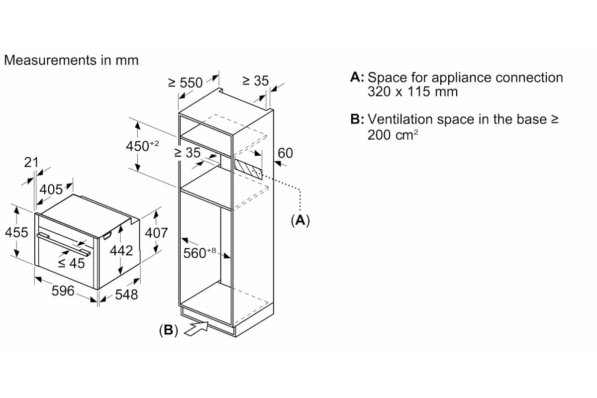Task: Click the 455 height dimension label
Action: click(16, 232)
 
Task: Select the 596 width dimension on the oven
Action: click(63, 291)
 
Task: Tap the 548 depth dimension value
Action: click(126, 295)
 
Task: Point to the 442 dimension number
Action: click(121, 251)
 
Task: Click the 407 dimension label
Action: click(156, 233)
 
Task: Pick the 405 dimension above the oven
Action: click(51, 190)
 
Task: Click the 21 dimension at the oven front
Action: click(31, 162)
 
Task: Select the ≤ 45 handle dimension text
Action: click(72, 263)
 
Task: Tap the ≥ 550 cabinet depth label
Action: click(186, 83)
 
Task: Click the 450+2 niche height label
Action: click(142, 146)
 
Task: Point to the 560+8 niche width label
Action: click(199, 253)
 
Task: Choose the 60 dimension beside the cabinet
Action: click(285, 153)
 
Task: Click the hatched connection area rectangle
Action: click(248, 169)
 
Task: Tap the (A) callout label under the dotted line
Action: click(300, 221)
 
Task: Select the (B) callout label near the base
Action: click(169, 330)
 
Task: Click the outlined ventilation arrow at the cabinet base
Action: click(197, 328)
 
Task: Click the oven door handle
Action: click(64, 245)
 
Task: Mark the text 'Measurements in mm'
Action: click(72, 60)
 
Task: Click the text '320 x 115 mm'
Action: click(412, 92)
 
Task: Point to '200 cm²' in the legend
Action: click(393, 135)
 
